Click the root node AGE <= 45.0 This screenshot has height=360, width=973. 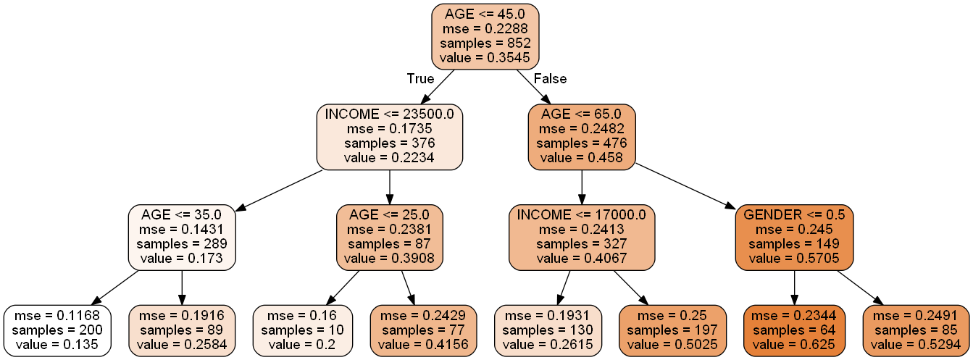(x=485, y=35)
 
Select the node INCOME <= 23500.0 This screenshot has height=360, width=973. (x=390, y=137)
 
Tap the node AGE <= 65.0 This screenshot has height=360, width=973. (x=582, y=137)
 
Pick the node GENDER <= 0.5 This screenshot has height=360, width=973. (x=794, y=237)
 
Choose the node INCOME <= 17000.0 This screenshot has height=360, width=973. (x=582, y=237)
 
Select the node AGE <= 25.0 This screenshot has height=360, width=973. (x=390, y=237)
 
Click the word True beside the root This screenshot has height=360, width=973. (x=420, y=79)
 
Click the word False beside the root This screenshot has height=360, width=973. (x=550, y=79)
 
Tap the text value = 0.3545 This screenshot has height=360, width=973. (x=485, y=56)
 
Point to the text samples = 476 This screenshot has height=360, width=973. (x=582, y=143)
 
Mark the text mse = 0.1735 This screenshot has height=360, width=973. (x=390, y=129)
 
